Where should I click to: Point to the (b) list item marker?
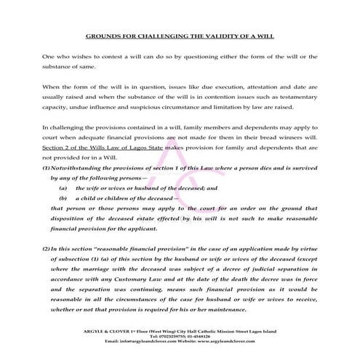tap(63, 197)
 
